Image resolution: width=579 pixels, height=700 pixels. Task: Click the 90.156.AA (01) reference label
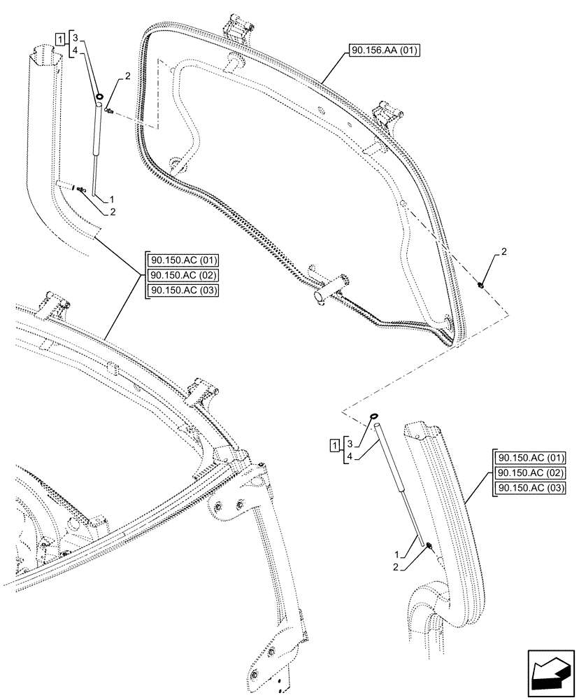[382, 52]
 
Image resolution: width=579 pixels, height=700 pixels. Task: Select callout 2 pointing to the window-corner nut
[505, 251]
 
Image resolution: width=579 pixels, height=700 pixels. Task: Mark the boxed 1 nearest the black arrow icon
[336, 445]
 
